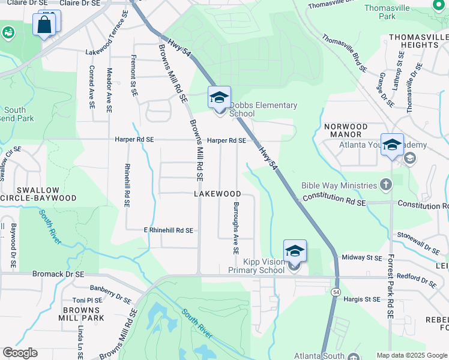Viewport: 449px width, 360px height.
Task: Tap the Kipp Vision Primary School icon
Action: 295,251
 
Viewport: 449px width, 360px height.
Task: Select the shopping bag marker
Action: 45,25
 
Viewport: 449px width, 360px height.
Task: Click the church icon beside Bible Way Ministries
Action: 386,185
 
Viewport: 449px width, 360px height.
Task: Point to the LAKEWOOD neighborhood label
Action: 217,194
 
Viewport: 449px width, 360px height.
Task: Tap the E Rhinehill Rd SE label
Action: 168,230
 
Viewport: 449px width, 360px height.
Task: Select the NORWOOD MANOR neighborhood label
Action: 345,131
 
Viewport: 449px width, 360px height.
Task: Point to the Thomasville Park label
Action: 387,12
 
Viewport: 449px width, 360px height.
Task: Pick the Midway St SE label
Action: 362,257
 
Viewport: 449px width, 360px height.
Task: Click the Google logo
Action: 20,353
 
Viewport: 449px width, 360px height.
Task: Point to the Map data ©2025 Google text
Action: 412,355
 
